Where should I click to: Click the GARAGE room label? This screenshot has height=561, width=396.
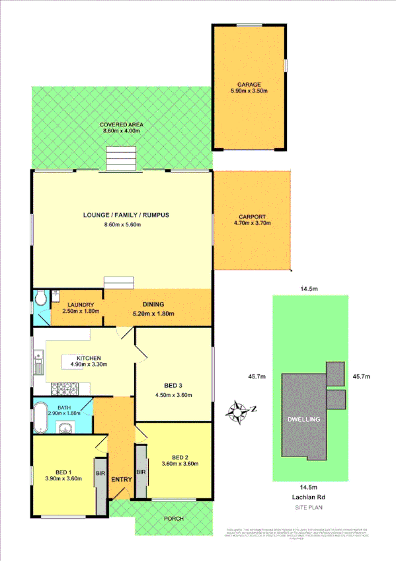[250, 85]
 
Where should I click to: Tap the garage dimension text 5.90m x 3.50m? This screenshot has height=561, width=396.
[250, 93]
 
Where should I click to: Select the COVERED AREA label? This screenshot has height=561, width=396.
[122, 124]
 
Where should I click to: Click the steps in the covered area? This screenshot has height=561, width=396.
[122, 159]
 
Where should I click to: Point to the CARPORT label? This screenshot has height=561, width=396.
[252, 216]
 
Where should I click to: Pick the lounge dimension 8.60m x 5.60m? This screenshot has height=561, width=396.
[122, 225]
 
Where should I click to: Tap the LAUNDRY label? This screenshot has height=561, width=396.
[76, 304]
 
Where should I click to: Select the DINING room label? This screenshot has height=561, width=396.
[153, 304]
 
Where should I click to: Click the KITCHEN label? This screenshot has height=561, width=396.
[89, 355]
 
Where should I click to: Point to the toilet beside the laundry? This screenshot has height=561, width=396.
[40, 298]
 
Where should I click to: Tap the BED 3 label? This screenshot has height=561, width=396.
[173, 387]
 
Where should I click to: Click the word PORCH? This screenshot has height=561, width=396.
[174, 519]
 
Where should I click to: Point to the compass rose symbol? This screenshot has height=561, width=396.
[236, 411]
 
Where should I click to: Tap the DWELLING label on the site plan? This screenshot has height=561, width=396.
[304, 419]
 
